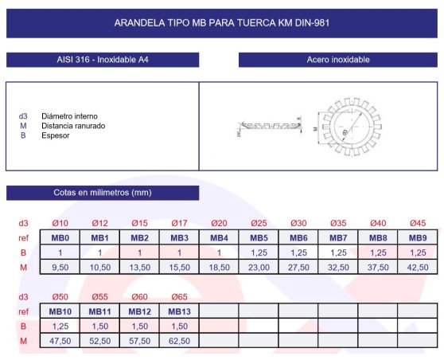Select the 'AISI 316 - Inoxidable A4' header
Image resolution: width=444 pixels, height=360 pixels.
[x=103, y=60]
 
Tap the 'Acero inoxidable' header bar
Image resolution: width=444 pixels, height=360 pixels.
[x=338, y=60]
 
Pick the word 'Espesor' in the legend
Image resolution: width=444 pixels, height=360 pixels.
[x=56, y=135]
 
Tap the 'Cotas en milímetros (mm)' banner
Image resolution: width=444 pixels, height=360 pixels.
[x=103, y=193]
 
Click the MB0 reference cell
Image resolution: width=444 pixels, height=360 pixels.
[x=60, y=237]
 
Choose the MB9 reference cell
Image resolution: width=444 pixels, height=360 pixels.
[x=418, y=237]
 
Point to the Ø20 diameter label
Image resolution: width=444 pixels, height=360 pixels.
[x=219, y=223]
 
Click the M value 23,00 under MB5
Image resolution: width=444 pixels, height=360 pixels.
[x=259, y=267]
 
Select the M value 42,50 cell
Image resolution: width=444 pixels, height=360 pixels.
[x=418, y=267]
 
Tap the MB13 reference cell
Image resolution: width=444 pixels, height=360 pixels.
[x=179, y=311]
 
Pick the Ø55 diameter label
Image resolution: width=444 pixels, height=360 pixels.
[x=99, y=297]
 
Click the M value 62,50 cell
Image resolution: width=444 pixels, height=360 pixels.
[x=179, y=341]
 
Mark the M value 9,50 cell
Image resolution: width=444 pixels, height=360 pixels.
[x=60, y=267]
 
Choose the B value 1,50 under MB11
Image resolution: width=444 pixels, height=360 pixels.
[x=99, y=327]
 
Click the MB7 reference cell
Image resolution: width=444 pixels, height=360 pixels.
[x=338, y=237]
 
